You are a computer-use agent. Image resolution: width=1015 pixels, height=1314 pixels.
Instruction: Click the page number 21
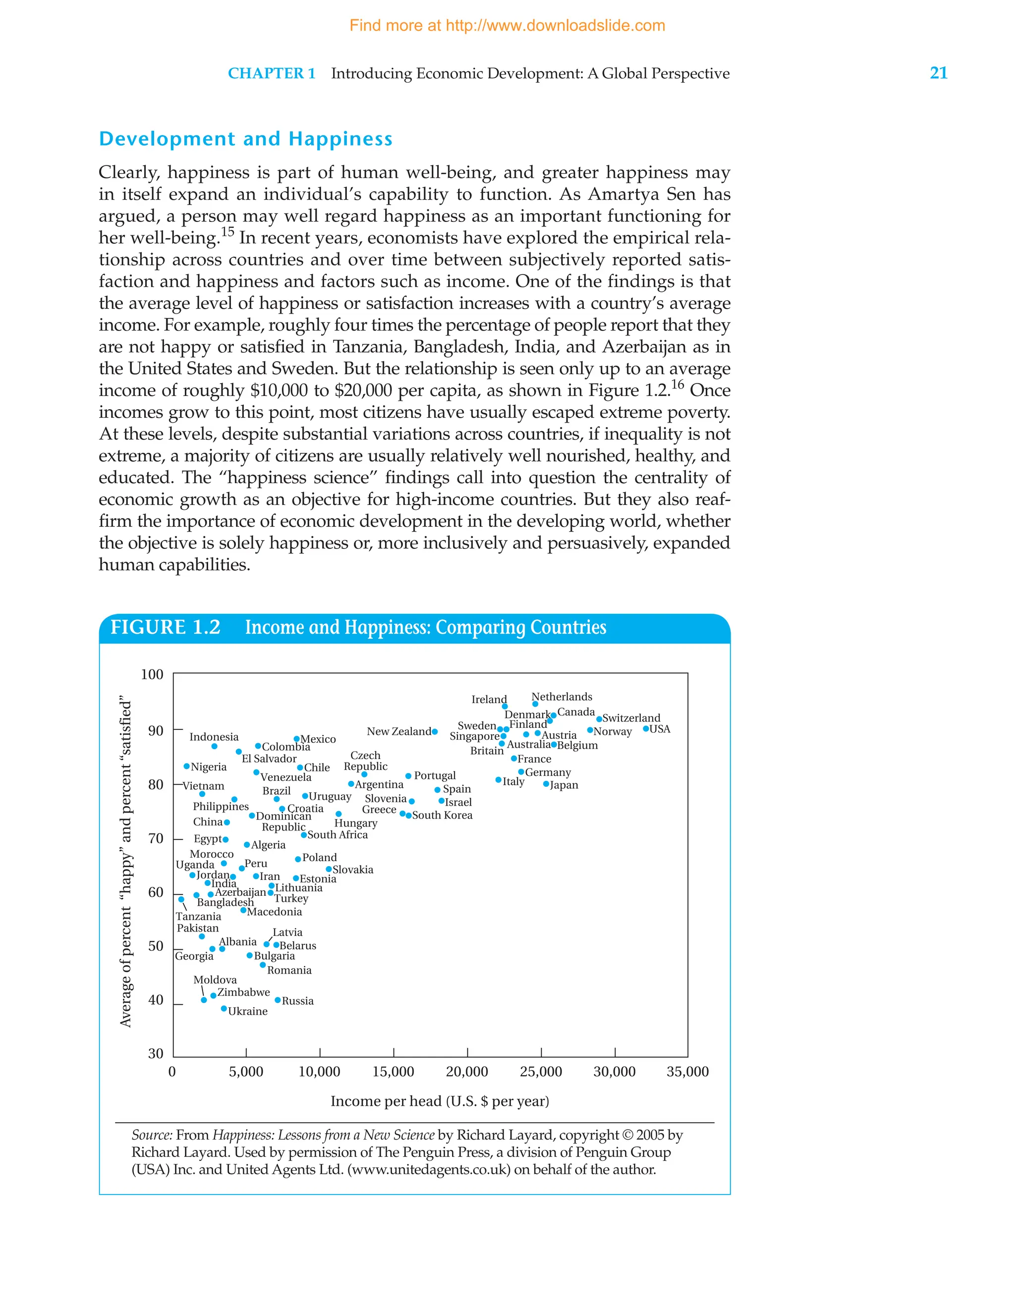point(938,73)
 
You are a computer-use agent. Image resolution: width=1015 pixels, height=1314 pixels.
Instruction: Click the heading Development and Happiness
point(245,139)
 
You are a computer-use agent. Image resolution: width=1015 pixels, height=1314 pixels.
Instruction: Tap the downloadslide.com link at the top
point(507,25)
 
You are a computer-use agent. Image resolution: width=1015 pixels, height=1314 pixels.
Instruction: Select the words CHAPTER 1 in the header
point(272,73)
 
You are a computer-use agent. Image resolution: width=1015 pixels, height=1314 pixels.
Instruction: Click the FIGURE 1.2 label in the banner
point(166,627)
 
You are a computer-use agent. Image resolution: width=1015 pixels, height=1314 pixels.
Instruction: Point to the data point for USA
point(646,728)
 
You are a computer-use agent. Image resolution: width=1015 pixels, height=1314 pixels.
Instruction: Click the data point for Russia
point(278,1000)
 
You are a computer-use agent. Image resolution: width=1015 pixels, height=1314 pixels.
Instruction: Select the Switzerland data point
point(599,719)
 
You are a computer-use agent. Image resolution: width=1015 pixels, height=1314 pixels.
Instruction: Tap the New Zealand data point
point(435,732)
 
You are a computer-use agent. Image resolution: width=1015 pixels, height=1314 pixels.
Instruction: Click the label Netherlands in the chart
point(562,697)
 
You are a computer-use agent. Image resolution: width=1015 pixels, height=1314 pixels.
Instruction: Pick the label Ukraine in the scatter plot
point(247,1011)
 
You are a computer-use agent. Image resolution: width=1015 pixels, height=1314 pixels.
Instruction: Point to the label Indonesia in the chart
point(214,737)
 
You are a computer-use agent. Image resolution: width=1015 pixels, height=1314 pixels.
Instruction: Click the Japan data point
point(546,784)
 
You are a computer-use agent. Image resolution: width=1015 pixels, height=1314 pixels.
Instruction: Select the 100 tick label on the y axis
point(152,674)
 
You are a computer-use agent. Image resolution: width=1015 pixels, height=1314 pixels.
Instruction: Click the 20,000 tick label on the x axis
point(467,1072)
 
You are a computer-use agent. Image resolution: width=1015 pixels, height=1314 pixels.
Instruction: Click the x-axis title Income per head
point(439,1101)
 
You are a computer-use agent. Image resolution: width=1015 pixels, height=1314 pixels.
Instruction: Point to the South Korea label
point(442,815)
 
